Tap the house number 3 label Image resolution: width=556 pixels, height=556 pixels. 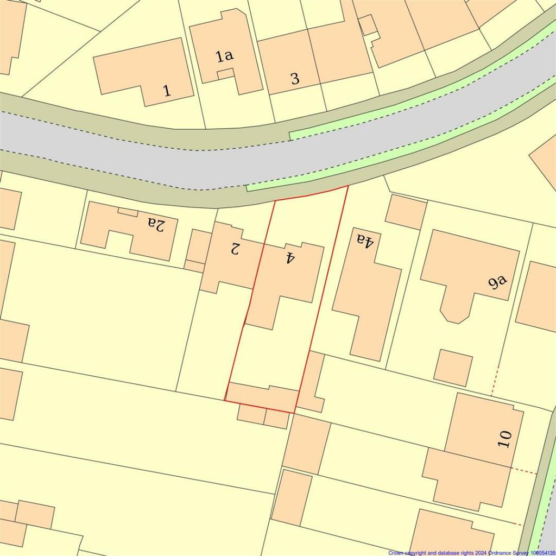pos(295,79)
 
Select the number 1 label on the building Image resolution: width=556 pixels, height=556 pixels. pos(167,90)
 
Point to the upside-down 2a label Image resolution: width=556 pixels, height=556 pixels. pos(156,224)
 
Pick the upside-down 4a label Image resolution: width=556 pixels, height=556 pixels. pos(365,239)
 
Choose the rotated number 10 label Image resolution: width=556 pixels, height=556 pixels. pos(505,438)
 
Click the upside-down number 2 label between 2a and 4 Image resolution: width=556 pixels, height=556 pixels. pos(235,249)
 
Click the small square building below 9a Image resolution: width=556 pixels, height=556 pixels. pos(453,368)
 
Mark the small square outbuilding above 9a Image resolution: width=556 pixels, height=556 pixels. pos(406,211)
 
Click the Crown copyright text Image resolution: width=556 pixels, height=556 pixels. pos(471,552)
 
